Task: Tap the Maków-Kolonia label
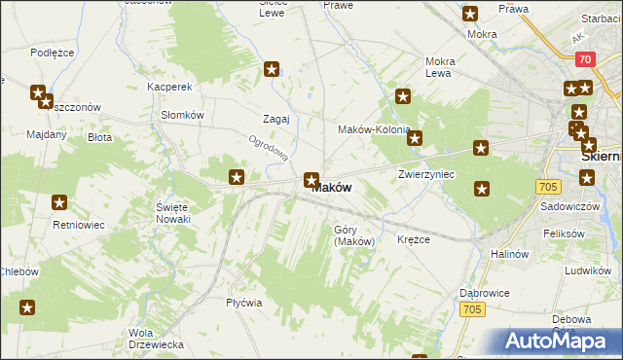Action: coord(373,129)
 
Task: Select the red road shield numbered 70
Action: coord(584,59)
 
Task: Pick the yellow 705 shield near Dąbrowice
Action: coord(473,309)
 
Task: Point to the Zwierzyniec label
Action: coord(426,174)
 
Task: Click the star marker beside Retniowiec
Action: coord(59,203)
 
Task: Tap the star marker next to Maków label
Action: coord(311,179)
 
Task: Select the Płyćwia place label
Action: coord(244,303)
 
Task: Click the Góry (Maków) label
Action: coord(353,235)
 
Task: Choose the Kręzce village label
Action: coord(414,239)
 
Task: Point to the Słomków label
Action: coord(181,114)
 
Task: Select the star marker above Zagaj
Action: coord(272,69)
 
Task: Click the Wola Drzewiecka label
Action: coord(156,339)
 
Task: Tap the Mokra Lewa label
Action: coord(439,67)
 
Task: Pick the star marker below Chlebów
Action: coord(27,308)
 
